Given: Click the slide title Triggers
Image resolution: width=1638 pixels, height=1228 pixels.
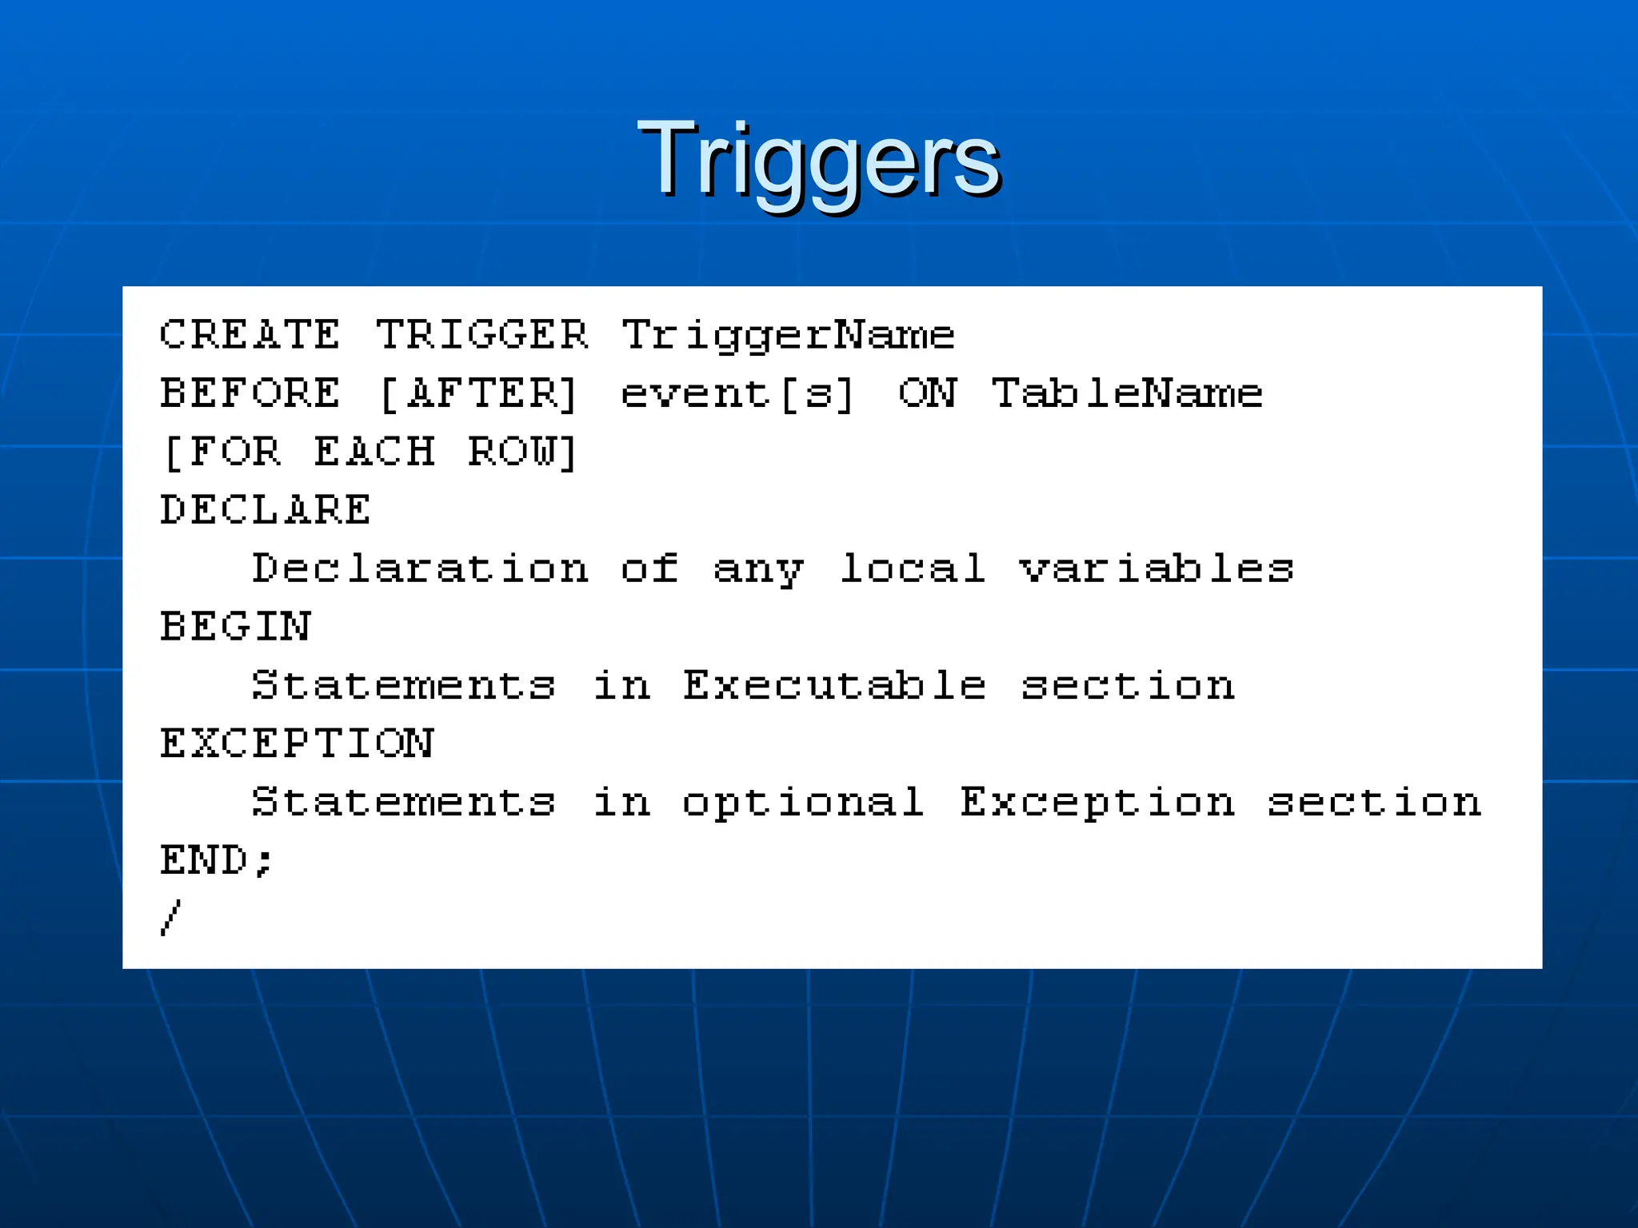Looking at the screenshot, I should pos(818,160).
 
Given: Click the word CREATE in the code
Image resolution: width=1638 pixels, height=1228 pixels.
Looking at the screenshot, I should pos(250,334).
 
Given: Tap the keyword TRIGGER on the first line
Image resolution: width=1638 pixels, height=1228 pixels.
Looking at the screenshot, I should pos(482,334).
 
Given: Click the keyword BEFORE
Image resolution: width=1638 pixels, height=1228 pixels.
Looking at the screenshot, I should pos(250,393).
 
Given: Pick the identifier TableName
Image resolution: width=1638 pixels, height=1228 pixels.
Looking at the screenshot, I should pos(1126,393).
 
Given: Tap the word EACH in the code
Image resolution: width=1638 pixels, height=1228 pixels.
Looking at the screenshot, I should pos(374,452).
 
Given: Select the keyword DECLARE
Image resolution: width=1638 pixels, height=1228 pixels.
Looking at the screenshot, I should pos(266,510).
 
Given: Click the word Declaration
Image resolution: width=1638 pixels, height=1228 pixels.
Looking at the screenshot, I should pos(421,568).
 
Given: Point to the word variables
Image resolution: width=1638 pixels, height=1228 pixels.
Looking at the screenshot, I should pos(1157,568).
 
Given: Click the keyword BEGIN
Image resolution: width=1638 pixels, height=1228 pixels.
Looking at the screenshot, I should pos(235,627).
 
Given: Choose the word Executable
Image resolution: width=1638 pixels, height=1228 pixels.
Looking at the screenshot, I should pos(834,685).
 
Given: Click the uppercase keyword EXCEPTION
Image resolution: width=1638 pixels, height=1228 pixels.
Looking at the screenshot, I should pos(297,744).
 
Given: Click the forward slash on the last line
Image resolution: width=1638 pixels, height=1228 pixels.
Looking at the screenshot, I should pos(170,918).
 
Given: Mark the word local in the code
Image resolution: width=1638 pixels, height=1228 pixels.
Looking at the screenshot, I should pos(913,568).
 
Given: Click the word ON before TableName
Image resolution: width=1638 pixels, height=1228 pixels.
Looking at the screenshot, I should pos(927,393).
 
